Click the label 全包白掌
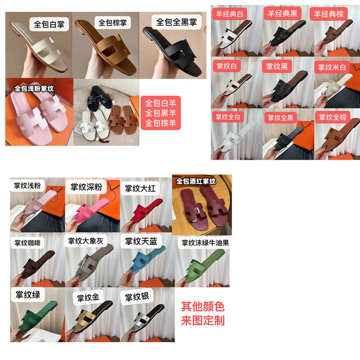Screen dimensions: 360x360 point(49,24)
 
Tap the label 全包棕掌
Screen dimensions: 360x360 point(112,22)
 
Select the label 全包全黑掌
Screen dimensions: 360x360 point(176,22)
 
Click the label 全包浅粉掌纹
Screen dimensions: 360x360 point(34,88)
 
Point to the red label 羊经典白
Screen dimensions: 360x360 point(229,14)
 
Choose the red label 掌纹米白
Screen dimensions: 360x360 point(332,67)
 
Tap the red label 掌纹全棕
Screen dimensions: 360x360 point(333,117)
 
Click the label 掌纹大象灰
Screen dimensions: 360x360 point(85,241)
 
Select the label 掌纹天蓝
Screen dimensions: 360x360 point(141,241)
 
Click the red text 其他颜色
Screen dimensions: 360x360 point(202,306)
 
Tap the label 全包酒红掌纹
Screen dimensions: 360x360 point(196,181)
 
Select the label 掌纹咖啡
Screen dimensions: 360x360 point(27,243)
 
